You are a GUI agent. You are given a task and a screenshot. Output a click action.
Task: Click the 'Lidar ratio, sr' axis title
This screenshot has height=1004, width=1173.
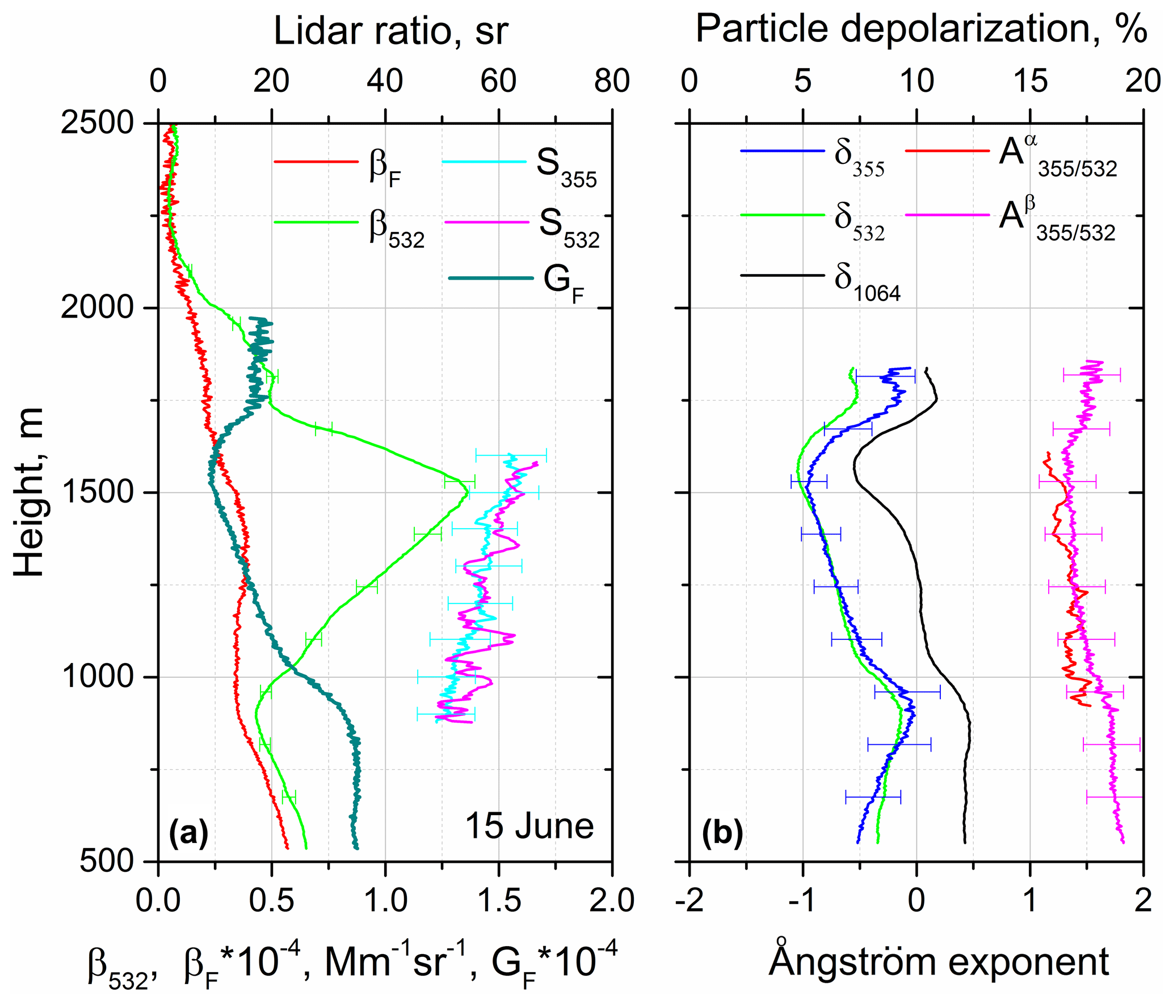(390, 31)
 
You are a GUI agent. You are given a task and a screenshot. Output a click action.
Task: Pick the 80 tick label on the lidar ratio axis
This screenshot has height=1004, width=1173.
(612, 81)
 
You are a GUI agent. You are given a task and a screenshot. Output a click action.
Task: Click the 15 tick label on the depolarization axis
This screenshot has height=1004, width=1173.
(1029, 81)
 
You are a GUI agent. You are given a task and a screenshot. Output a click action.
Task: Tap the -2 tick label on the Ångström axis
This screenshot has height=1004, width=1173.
(689, 901)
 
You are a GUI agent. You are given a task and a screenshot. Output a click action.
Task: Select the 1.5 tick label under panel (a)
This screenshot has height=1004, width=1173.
(498, 901)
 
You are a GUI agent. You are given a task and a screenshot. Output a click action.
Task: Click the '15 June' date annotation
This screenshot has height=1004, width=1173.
(529, 826)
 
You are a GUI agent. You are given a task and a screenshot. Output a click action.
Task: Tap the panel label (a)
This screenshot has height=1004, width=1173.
(188, 833)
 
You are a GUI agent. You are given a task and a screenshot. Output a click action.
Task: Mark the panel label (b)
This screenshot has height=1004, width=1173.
(722, 833)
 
